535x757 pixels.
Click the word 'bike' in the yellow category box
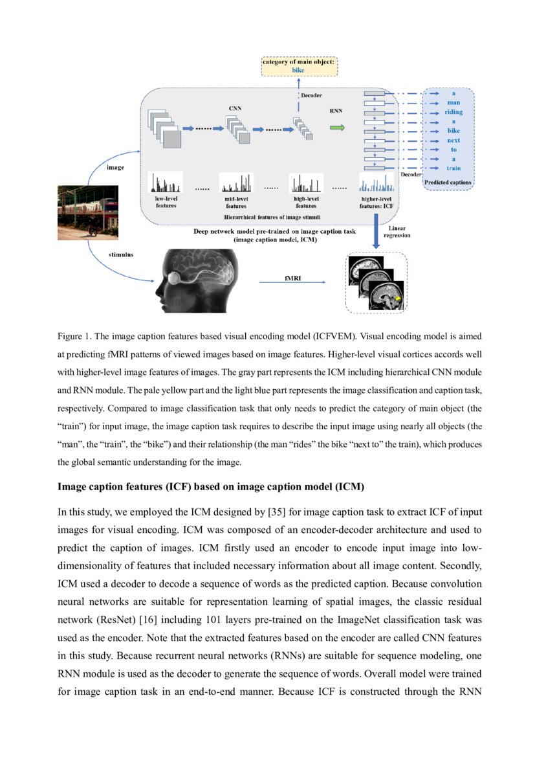298,69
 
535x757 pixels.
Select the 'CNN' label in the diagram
235,108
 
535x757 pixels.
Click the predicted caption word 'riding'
453,112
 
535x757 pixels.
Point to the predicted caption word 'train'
453,168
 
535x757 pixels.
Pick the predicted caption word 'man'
453,102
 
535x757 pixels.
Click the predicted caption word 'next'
453,140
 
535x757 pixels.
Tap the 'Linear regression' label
399,232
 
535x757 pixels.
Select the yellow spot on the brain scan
399,298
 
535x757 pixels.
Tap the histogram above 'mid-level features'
236,181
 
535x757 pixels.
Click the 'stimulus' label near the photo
121,255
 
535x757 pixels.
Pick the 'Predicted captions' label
448,183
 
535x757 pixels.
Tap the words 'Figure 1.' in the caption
77,337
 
